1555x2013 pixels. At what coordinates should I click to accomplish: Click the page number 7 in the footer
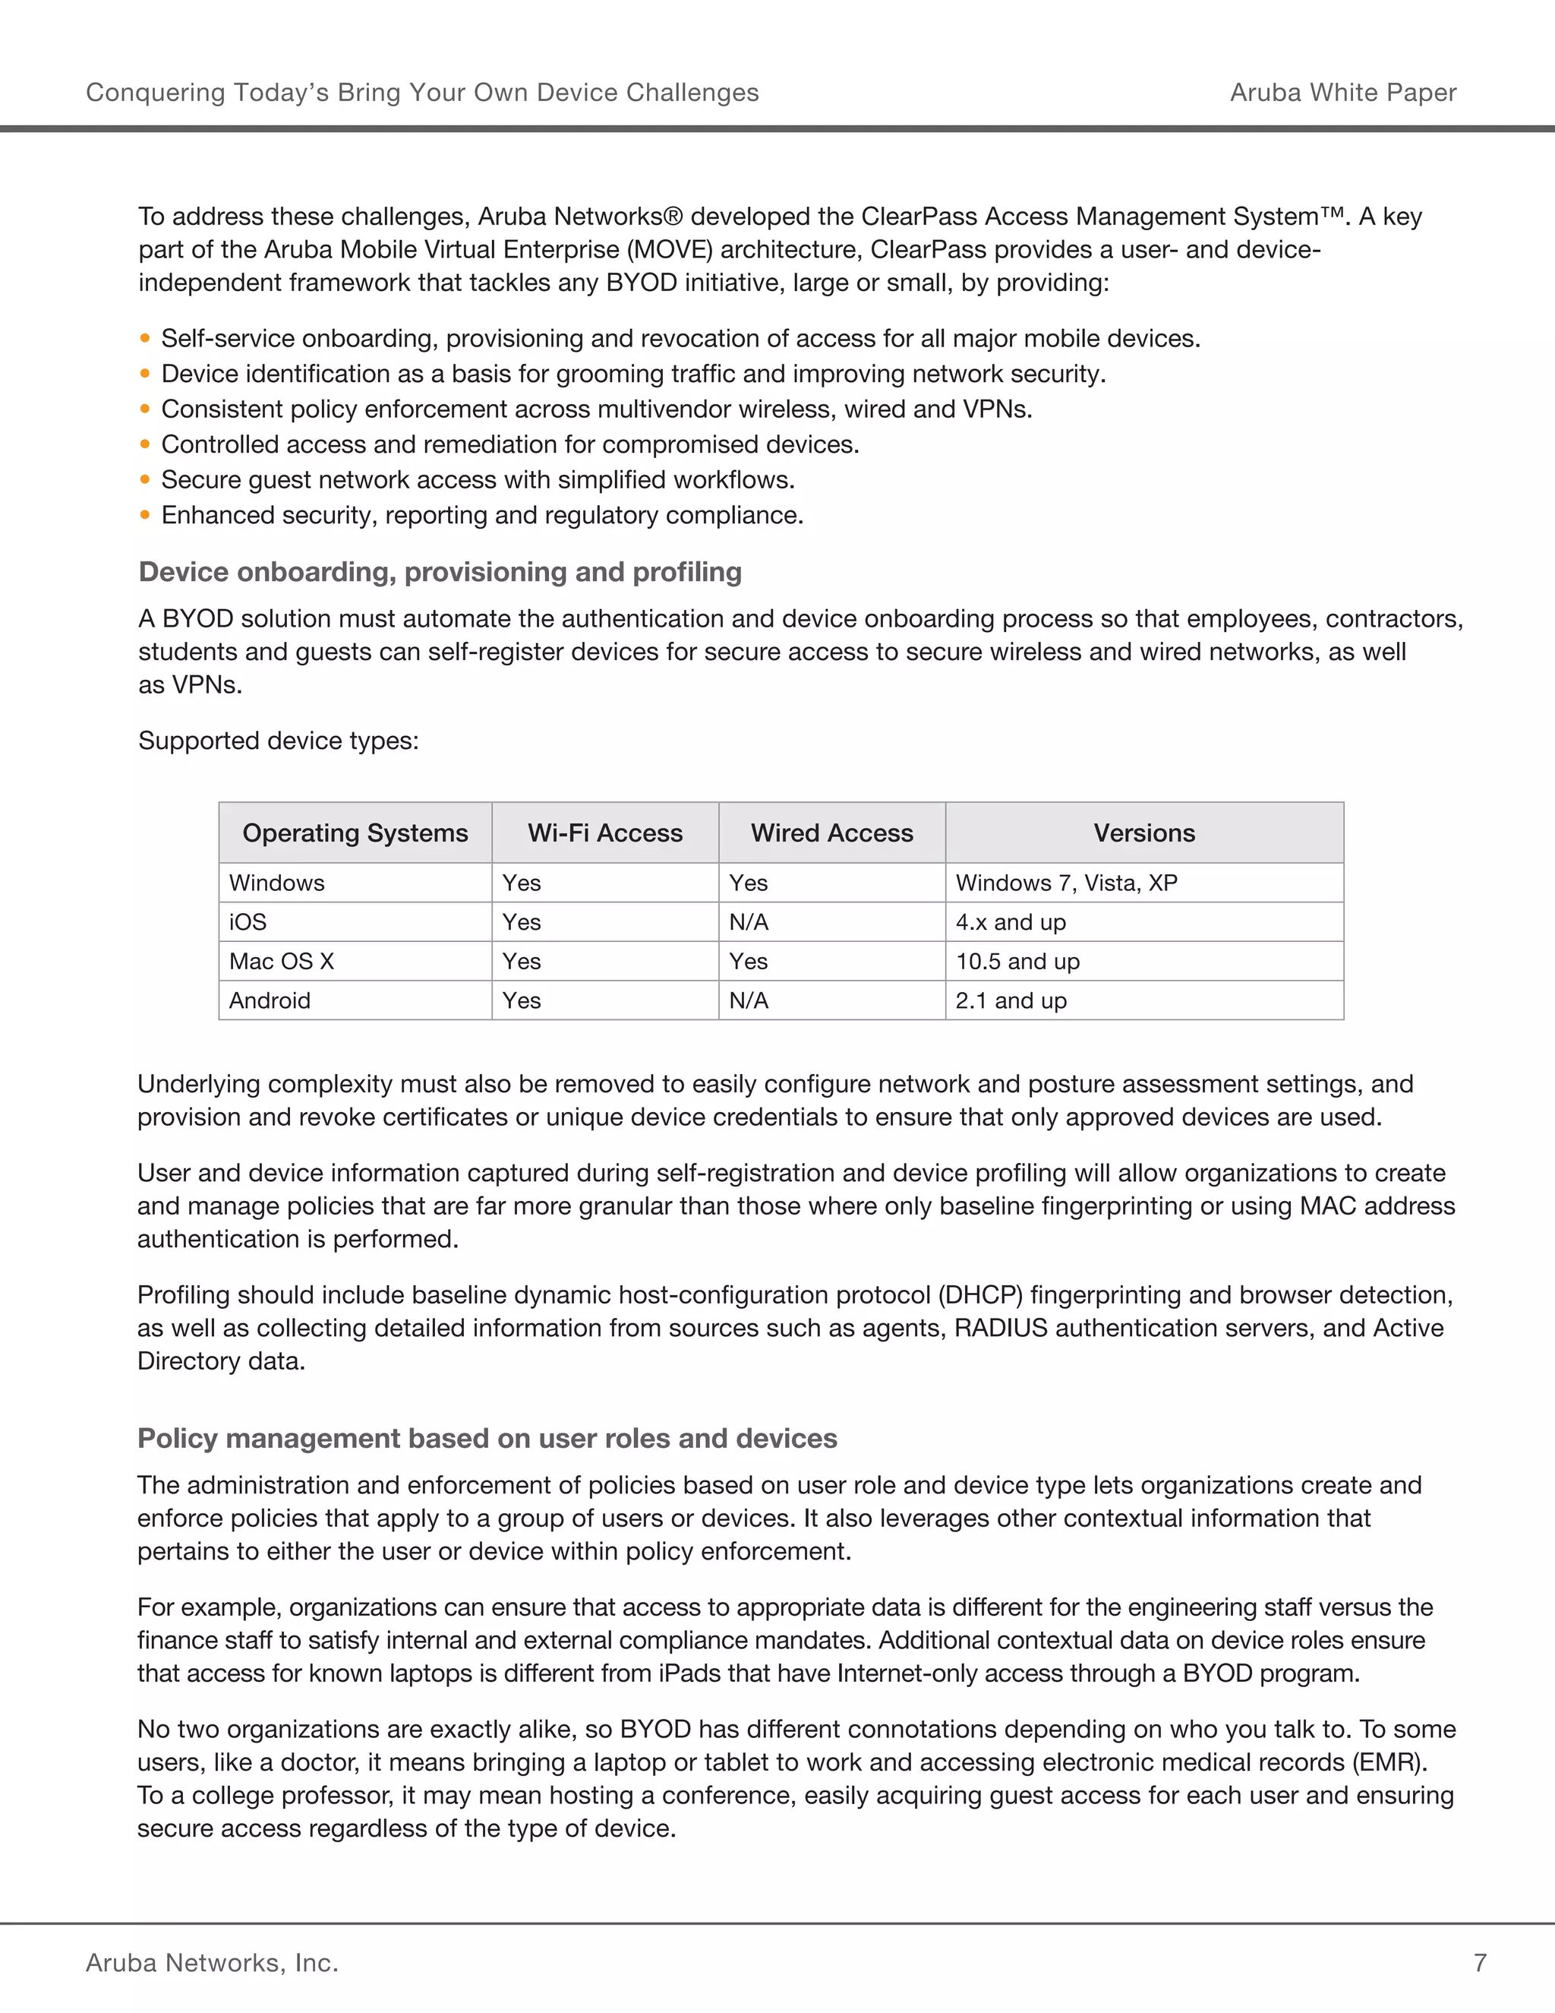[x=1480, y=1962]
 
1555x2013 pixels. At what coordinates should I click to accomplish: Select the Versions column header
[x=1143, y=833]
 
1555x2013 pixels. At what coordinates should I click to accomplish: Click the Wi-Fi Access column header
[x=604, y=833]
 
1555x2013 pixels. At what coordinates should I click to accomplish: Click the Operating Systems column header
[x=355, y=833]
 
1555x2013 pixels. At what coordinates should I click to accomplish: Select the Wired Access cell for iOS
[x=748, y=921]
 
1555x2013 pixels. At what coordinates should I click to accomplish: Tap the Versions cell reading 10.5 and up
[x=1017, y=962]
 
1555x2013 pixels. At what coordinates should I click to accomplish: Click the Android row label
[x=269, y=1000]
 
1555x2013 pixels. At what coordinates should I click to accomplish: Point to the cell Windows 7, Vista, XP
[x=1066, y=883]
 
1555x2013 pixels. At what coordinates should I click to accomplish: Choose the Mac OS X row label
[x=281, y=962]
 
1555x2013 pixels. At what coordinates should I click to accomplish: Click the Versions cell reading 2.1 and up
[x=1011, y=1000]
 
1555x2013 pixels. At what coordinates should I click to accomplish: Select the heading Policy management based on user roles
[x=487, y=1438]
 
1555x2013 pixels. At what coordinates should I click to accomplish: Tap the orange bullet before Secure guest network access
[x=144, y=479]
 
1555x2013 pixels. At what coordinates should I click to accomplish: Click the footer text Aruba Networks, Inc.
[x=212, y=1962]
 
